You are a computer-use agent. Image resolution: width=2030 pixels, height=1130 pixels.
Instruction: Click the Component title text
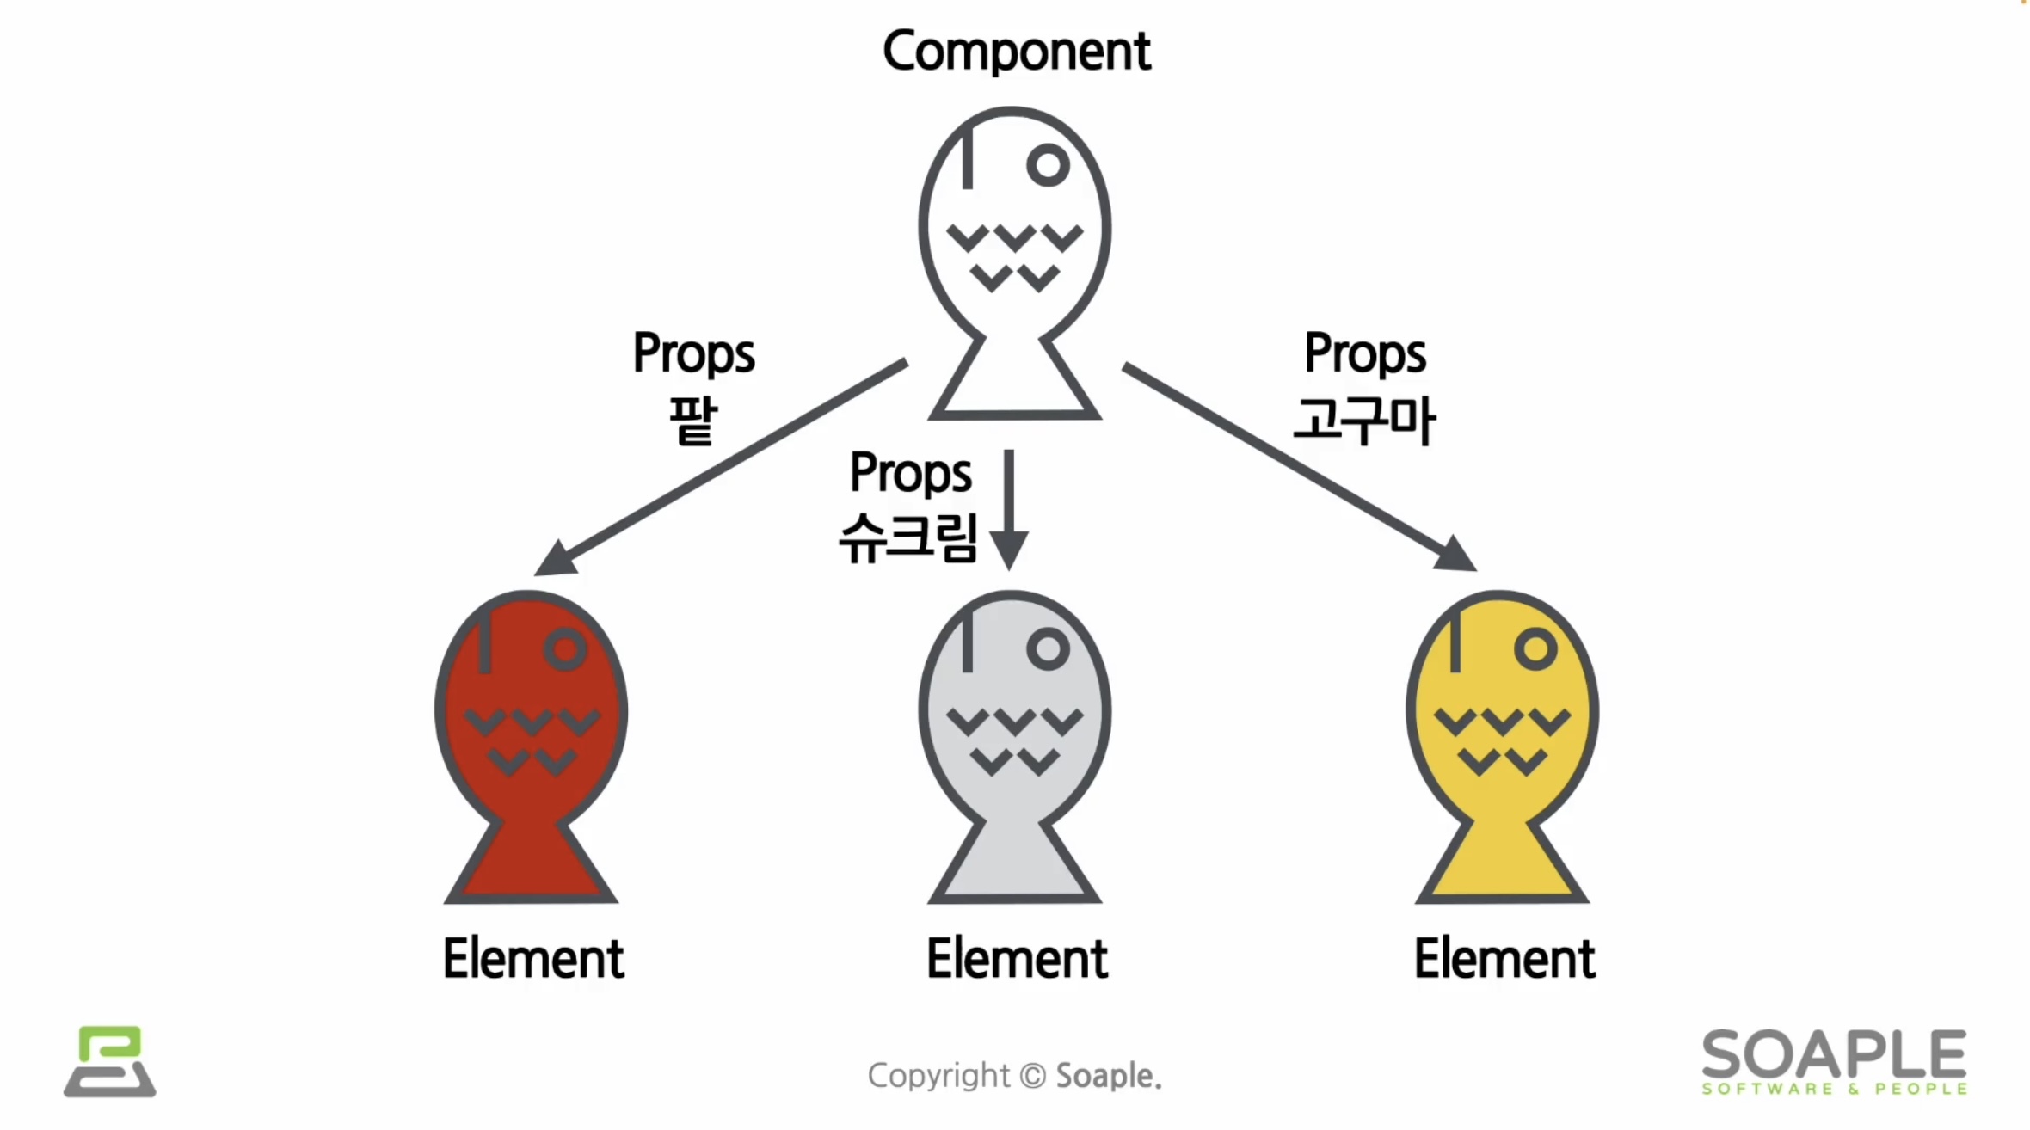coord(1016,52)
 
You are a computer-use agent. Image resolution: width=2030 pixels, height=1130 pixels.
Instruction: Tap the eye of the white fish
coord(1048,165)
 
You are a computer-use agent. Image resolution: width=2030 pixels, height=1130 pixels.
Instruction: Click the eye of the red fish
coord(565,649)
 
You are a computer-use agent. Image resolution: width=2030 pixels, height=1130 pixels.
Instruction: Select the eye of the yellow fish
coord(1535,649)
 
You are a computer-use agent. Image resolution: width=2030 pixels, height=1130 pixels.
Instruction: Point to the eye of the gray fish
coord(1048,649)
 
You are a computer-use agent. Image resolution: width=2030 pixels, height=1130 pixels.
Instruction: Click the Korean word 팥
coord(693,421)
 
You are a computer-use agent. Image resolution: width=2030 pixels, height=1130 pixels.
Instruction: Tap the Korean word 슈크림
coord(908,538)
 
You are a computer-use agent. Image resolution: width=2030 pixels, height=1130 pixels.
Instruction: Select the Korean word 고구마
coord(1365,421)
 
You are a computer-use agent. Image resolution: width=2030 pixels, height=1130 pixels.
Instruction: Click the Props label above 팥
coord(693,353)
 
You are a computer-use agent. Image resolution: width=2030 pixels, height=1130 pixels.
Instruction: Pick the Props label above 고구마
coord(1365,353)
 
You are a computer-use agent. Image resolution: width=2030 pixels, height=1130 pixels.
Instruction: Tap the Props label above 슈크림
coord(910,473)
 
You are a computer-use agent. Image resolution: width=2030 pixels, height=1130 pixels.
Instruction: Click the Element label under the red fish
coord(533,959)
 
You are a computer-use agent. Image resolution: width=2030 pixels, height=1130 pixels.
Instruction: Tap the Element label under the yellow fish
coord(1504,959)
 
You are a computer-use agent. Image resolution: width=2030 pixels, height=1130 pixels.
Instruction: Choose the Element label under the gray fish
coord(1017,959)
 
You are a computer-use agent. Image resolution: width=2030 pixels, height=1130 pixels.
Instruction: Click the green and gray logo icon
coord(110,1061)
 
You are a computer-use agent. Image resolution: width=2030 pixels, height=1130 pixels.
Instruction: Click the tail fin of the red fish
coord(531,864)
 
